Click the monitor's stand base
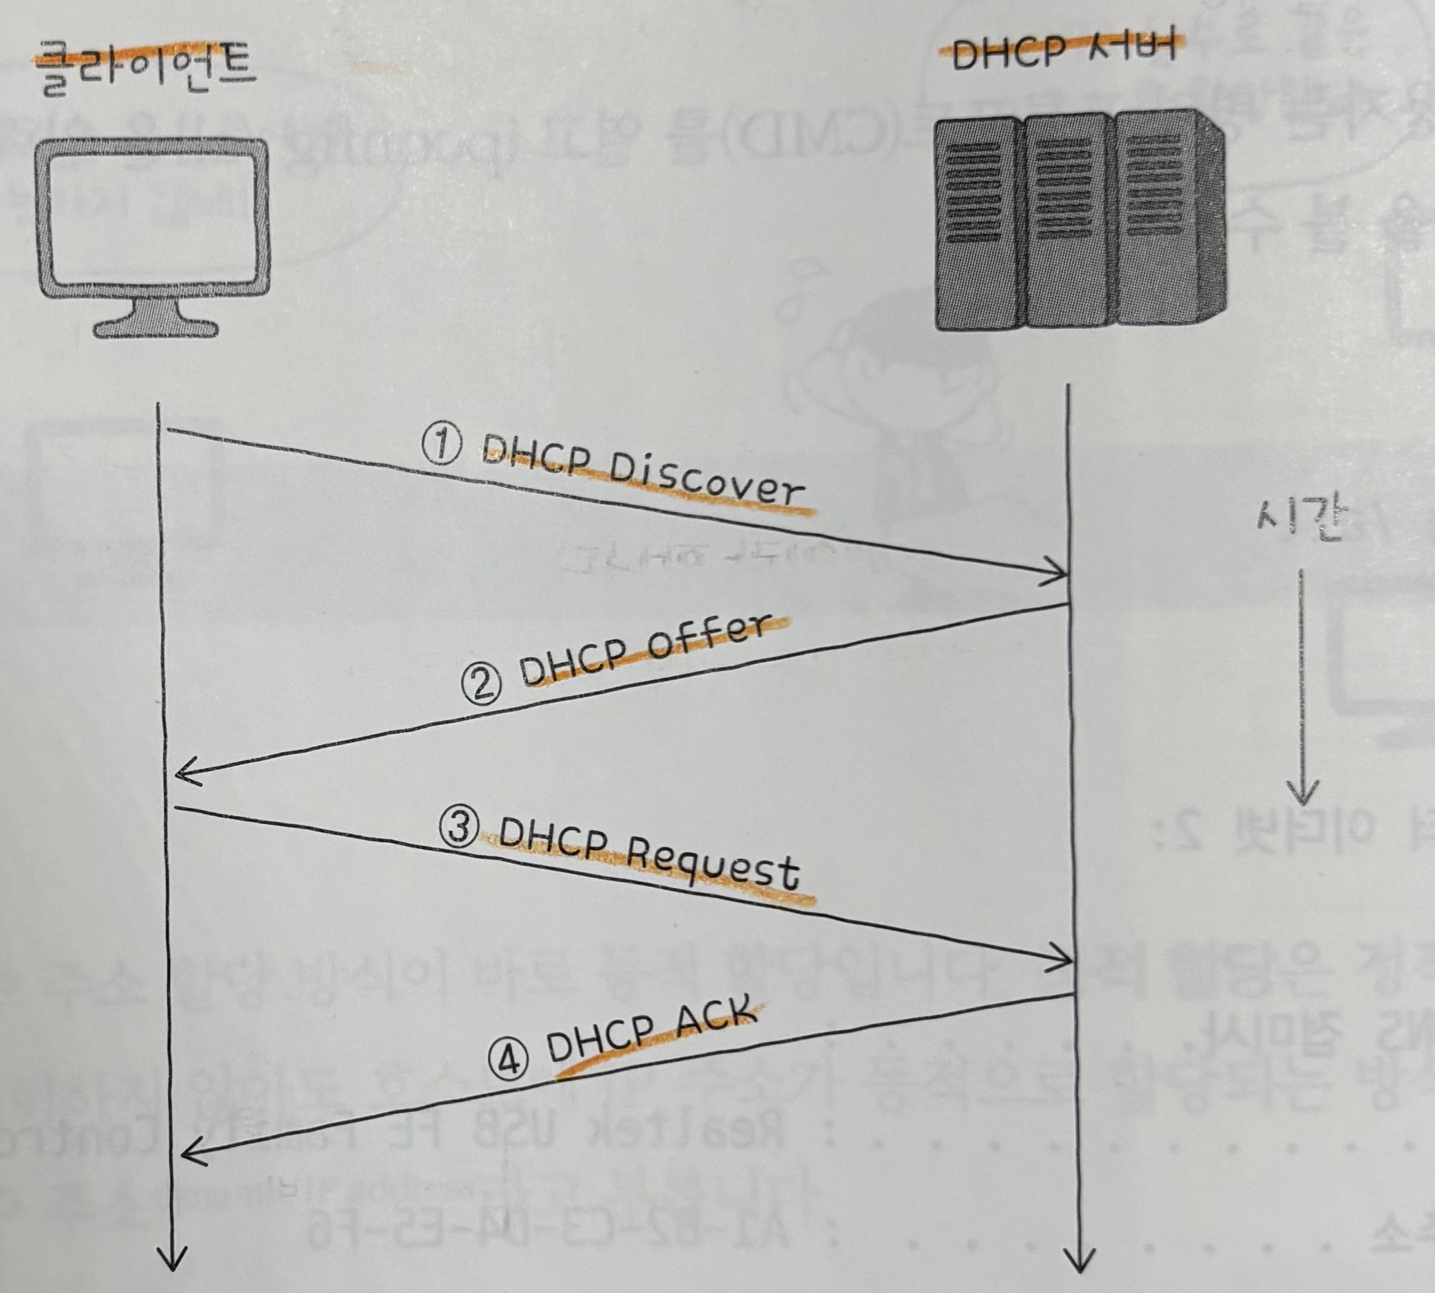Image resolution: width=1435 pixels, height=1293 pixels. (155, 328)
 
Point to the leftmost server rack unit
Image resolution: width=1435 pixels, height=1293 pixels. (978, 224)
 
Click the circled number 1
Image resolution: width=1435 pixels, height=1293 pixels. (442, 444)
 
